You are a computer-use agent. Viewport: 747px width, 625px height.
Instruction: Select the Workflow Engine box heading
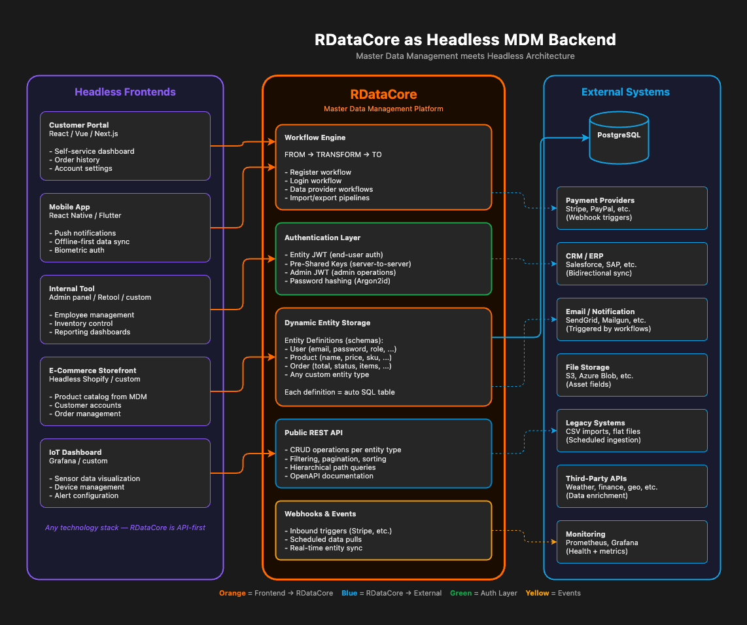(315, 137)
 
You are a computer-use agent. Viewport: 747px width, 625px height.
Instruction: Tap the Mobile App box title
(69, 207)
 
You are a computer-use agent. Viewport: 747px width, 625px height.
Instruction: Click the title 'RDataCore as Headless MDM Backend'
(465, 39)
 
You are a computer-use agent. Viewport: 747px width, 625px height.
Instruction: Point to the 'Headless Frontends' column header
(125, 92)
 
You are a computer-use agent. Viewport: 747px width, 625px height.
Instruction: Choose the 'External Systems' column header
(625, 92)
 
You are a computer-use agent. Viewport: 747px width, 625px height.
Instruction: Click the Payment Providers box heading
(600, 200)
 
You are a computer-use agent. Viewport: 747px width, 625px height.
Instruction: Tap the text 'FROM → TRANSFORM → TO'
(333, 154)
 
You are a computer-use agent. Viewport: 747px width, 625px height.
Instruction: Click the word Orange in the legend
(232, 593)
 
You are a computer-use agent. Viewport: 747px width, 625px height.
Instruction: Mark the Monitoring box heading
(585, 534)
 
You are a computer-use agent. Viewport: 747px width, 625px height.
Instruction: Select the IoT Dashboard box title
(75, 452)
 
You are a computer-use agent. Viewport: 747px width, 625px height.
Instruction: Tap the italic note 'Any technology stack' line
(125, 527)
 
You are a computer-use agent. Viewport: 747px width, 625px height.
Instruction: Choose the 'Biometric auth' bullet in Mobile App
(79, 250)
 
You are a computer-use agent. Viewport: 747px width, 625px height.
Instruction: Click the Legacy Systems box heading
(595, 423)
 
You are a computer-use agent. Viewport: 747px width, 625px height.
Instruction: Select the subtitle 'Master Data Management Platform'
(383, 109)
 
